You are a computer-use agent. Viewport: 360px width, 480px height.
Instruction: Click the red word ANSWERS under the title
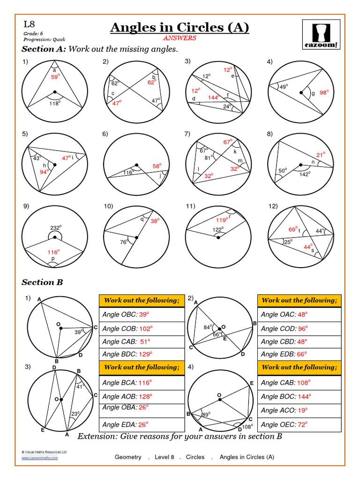coord(180,38)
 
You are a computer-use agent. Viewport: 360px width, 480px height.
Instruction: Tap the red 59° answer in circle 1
coord(55,77)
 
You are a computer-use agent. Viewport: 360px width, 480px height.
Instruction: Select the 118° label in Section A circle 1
coord(55,103)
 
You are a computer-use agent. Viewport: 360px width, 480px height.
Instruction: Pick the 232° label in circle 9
coord(56,228)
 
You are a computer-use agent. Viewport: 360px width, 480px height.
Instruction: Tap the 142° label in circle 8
coord(306,174)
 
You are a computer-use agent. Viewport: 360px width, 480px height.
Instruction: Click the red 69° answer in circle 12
coord(293,229)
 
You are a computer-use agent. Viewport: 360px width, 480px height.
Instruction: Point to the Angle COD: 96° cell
coord(299,328)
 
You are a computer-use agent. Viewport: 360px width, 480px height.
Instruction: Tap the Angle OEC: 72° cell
coord(299,425)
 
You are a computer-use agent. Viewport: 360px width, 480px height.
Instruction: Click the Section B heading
coord(42,282)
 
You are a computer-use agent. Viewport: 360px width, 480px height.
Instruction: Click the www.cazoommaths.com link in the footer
coord(40,458)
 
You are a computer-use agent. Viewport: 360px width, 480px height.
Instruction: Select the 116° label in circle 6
coord(128,173)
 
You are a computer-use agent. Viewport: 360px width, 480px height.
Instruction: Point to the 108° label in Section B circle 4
coord(248,427)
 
